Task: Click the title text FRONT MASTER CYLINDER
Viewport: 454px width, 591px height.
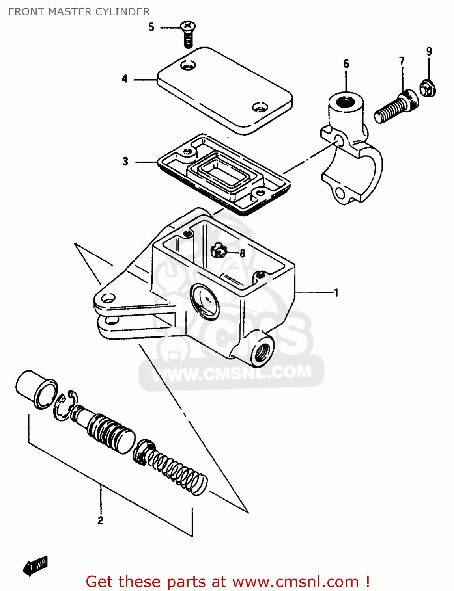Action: tap(79, 12)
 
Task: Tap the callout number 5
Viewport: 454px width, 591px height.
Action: tap(151, 27)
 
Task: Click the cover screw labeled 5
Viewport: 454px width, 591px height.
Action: tap(188, 35)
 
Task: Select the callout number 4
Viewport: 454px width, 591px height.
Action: tap(125, 79)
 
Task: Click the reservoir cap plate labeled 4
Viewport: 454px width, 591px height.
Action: tap(225, 91)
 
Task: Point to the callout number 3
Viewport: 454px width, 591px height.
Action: tap(125, 161)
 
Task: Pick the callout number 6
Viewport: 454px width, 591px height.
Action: tap(346, 64)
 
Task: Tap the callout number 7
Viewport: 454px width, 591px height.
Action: tap(402, 61)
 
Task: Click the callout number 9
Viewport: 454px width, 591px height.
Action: tap(429, 51)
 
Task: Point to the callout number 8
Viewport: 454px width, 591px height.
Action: tap(242, 253)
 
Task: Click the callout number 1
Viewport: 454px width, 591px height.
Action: tap(336, 292)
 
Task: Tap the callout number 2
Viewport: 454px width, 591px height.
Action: tap(101, 520)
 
